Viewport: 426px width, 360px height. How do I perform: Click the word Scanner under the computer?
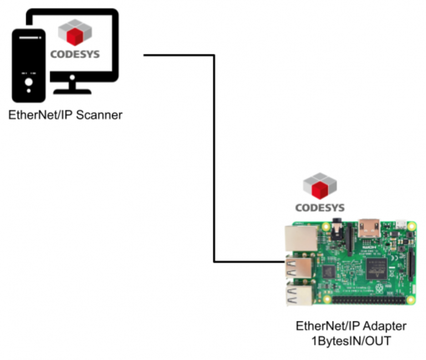[100, 116]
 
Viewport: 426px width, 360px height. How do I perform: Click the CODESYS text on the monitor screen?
[75, 54]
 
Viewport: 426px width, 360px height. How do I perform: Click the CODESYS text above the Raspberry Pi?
[320, 207]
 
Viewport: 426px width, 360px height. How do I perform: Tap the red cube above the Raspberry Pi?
[321, 189]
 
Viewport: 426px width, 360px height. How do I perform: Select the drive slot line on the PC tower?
[28, 38]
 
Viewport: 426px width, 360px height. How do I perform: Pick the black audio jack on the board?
[337, 227]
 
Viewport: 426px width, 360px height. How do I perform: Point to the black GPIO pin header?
[369, 300]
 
